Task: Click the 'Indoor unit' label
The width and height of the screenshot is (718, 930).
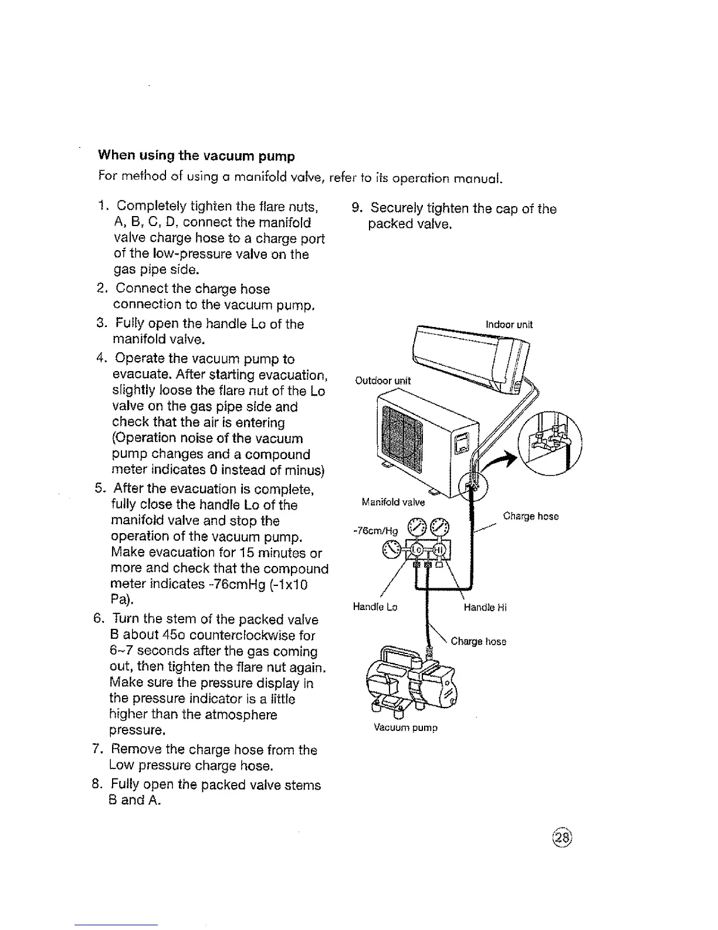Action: (509, 325)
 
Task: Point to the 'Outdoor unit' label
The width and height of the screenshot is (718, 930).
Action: (384, 380)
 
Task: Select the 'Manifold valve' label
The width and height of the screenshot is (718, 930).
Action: (393, 502)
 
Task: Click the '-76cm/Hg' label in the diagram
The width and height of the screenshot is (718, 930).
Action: (376, 531)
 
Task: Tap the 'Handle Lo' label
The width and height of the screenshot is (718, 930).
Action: (375, 607)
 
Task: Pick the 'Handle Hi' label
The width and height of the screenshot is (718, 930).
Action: (485, 608)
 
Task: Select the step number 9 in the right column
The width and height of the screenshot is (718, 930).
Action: (355, 208)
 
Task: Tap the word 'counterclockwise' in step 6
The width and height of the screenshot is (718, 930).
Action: (266, 635)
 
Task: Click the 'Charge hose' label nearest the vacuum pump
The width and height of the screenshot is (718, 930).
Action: (478, 641)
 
